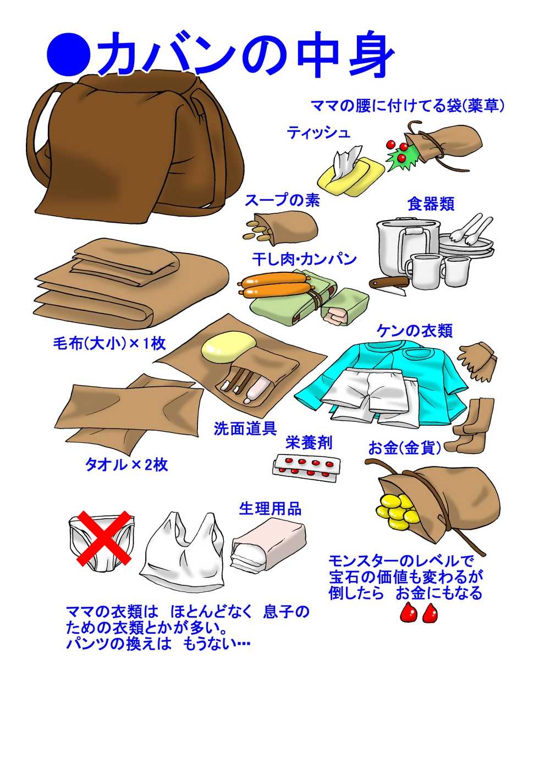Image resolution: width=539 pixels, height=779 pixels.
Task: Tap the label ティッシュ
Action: pyautogui.click(x=318, y=133)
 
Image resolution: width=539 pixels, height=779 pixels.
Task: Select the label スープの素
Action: pyautogui.click(x=282, y=201)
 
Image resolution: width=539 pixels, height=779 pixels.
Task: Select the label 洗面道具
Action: pyautogui.click(x=245, y=428)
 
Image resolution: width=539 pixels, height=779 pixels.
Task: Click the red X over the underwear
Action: pyautogui.click(x=103, y=538)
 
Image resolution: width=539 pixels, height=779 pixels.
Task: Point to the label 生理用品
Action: pyautogui.click(x=270, y=509)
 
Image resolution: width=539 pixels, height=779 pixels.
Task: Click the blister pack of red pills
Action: pyautogui.click(x=306, y=468)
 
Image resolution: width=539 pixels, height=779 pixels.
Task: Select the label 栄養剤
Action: pyautogui.click(x=309, y=443)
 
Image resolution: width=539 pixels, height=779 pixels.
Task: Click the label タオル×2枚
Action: pyautogui.click(x=127, y=465)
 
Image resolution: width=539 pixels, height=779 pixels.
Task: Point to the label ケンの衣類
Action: pyautogui.click(x=415, y=331)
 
